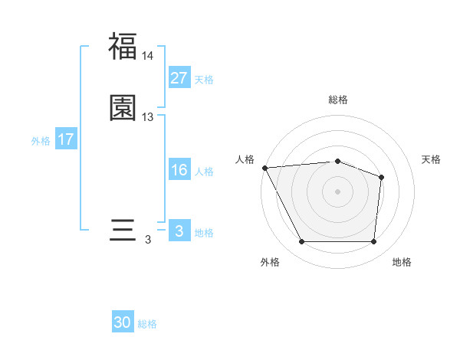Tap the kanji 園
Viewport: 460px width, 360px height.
tap(123, 108)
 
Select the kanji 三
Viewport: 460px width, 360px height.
tap(123, 230)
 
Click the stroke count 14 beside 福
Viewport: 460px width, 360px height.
tap(148, 56)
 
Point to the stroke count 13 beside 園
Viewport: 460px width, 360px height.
tap(148, 117)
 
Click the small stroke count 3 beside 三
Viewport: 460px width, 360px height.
tap(148, 240)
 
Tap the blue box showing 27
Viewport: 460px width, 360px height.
tap(179, 77)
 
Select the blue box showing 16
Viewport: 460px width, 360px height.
tap(179, 170)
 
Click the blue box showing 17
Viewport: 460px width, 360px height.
tap(66, 139)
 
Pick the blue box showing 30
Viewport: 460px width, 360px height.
tap(123, 322)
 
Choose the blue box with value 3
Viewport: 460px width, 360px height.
tap(179, 231)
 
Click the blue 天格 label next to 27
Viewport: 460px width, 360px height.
tap(204, 79)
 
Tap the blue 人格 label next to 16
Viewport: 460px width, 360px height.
tap(204, 172)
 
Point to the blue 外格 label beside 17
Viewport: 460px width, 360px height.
tap(41, 141)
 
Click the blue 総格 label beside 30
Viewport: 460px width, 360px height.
tap(147, 324)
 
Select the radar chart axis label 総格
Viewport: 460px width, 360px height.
tap(337, 100)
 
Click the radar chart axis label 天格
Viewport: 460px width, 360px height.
tap(432, 159)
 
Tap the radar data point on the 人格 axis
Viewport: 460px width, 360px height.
tap(264, 167)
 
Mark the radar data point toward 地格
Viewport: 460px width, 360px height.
tap(373, 242)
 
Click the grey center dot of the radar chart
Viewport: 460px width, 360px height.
tap(337, 191)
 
